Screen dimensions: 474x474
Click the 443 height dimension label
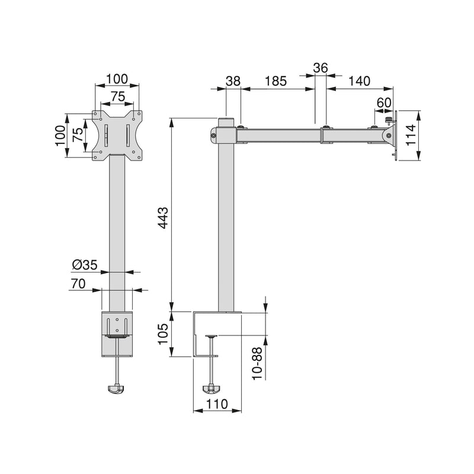164,217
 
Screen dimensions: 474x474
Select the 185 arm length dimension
276,81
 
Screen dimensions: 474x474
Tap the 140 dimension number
359,81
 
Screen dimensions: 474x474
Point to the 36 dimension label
321,68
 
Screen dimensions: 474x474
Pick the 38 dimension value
233,81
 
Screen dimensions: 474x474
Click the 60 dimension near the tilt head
384,103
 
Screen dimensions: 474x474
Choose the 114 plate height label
411,135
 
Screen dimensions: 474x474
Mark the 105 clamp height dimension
164,334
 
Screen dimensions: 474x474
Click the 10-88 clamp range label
257,364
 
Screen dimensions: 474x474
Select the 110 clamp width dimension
217,404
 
